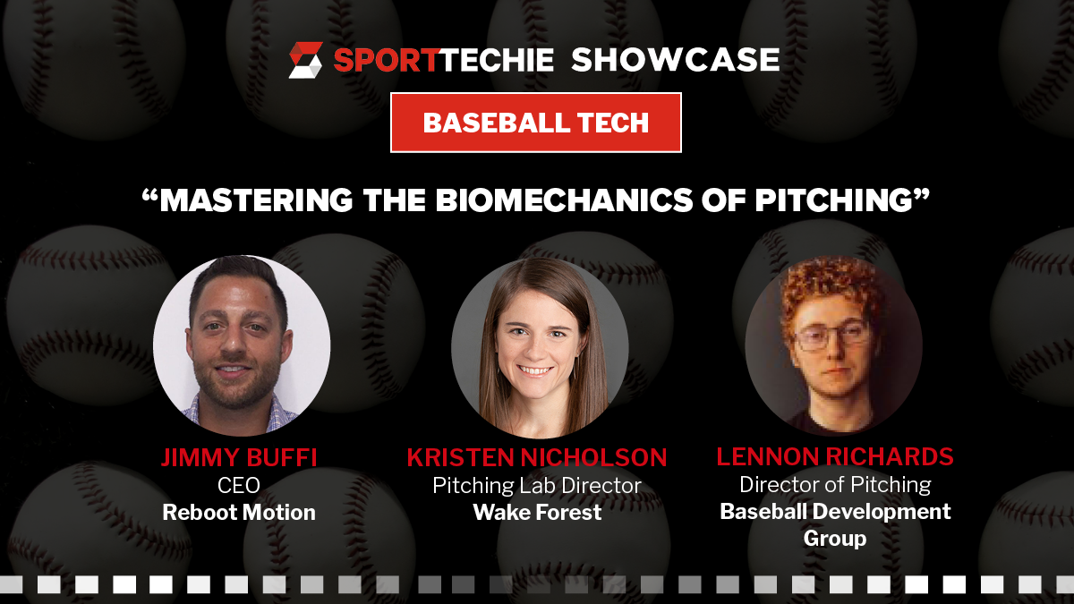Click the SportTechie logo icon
click(306, 60)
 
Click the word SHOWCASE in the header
click(675, 60)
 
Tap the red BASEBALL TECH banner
click(536, 123)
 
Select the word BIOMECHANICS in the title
click(565, 200)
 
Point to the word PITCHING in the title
click(834, 200)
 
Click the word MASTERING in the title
click(257, 200)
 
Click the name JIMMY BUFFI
click(239, 457)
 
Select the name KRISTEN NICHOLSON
click(537, 457)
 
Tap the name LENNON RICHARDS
click(835, 456)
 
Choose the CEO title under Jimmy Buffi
click(239, 485)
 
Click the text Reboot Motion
click(239, 513)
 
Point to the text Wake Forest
click(537, 513)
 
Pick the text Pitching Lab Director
click(537, 486)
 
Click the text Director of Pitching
click(835, 485)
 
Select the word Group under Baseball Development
click(835, 539)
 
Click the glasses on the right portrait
click(831, 336)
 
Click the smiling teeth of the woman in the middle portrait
click(534, 370)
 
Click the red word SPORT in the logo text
click(385, 61)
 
